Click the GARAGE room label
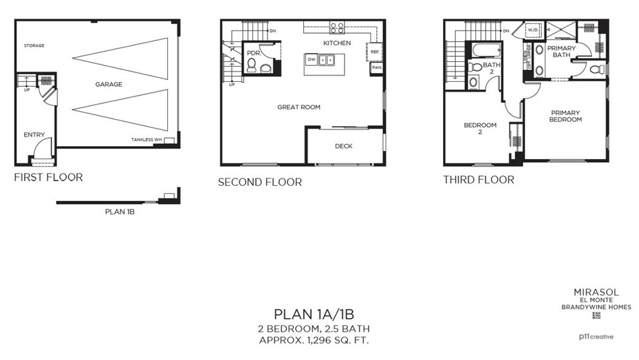pos(109,84)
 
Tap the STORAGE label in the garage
pos(34,46)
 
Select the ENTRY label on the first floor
pos(34,135)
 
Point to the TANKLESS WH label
pos(146,140)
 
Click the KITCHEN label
pos(337,43)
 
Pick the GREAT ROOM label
pos(299,107)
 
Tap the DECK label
pos(343,146)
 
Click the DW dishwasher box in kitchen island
pos(311,60)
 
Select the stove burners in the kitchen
pos(337,28)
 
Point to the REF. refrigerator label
pos(376,52)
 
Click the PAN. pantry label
pos(376,67)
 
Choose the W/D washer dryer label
pos(534,29)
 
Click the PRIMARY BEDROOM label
pos(565,116)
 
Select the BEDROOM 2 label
pos(480,128)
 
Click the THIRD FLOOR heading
pos(479,180)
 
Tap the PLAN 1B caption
pos(120,212)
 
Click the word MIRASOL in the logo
pos(595,291)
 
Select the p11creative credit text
pos(597,337)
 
